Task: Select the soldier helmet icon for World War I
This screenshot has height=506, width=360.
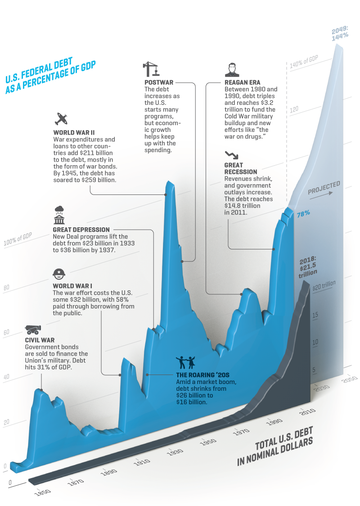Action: (59, 273)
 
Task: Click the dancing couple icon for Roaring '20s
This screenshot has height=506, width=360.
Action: (185, 361)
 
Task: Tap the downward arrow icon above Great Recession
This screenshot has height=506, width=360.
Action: (231, 154)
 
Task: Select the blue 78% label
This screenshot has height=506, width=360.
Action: (303, 214)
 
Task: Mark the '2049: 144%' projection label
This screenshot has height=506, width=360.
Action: (340, 33)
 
